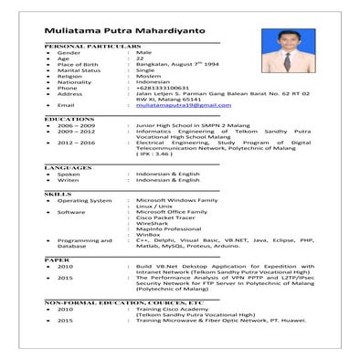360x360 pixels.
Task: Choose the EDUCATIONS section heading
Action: coord(69,119)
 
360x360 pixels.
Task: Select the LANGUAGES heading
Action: coord(68,168)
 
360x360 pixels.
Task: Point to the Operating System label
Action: coord(85,200)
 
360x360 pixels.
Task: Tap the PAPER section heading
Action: coord(57,259)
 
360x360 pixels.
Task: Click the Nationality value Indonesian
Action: coord(152,79)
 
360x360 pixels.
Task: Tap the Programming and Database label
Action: coord(84,243)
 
